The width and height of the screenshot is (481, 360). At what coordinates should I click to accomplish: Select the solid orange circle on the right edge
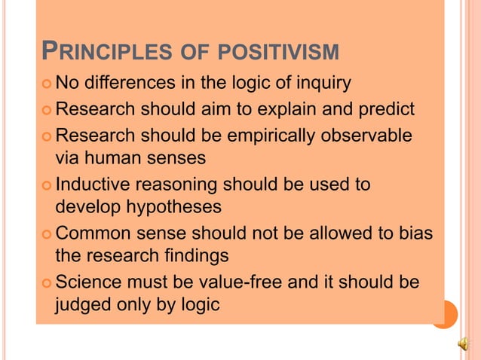pyautogui.click(x=444, y=314)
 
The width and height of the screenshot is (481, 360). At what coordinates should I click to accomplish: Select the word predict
pyautogui.click(x=384, y=109)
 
